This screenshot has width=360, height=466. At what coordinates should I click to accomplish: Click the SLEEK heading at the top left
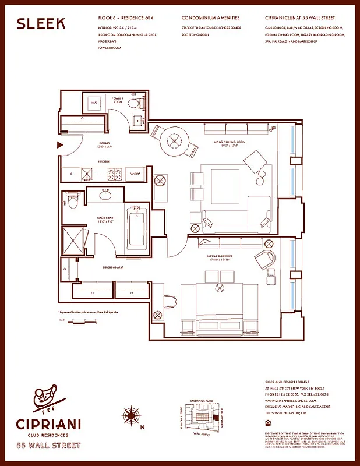pos(41,23)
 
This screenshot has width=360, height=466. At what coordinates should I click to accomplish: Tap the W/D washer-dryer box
pos(94,104)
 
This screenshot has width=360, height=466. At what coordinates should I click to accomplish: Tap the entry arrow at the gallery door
pos(59,144)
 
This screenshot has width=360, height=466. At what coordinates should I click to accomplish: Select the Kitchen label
pos(104,161)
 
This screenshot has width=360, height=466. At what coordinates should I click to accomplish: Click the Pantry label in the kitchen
pos(134,172)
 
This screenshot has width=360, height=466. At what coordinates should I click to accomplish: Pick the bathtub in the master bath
pos(136,226)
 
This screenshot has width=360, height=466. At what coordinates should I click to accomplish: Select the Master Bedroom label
pos(219,256)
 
